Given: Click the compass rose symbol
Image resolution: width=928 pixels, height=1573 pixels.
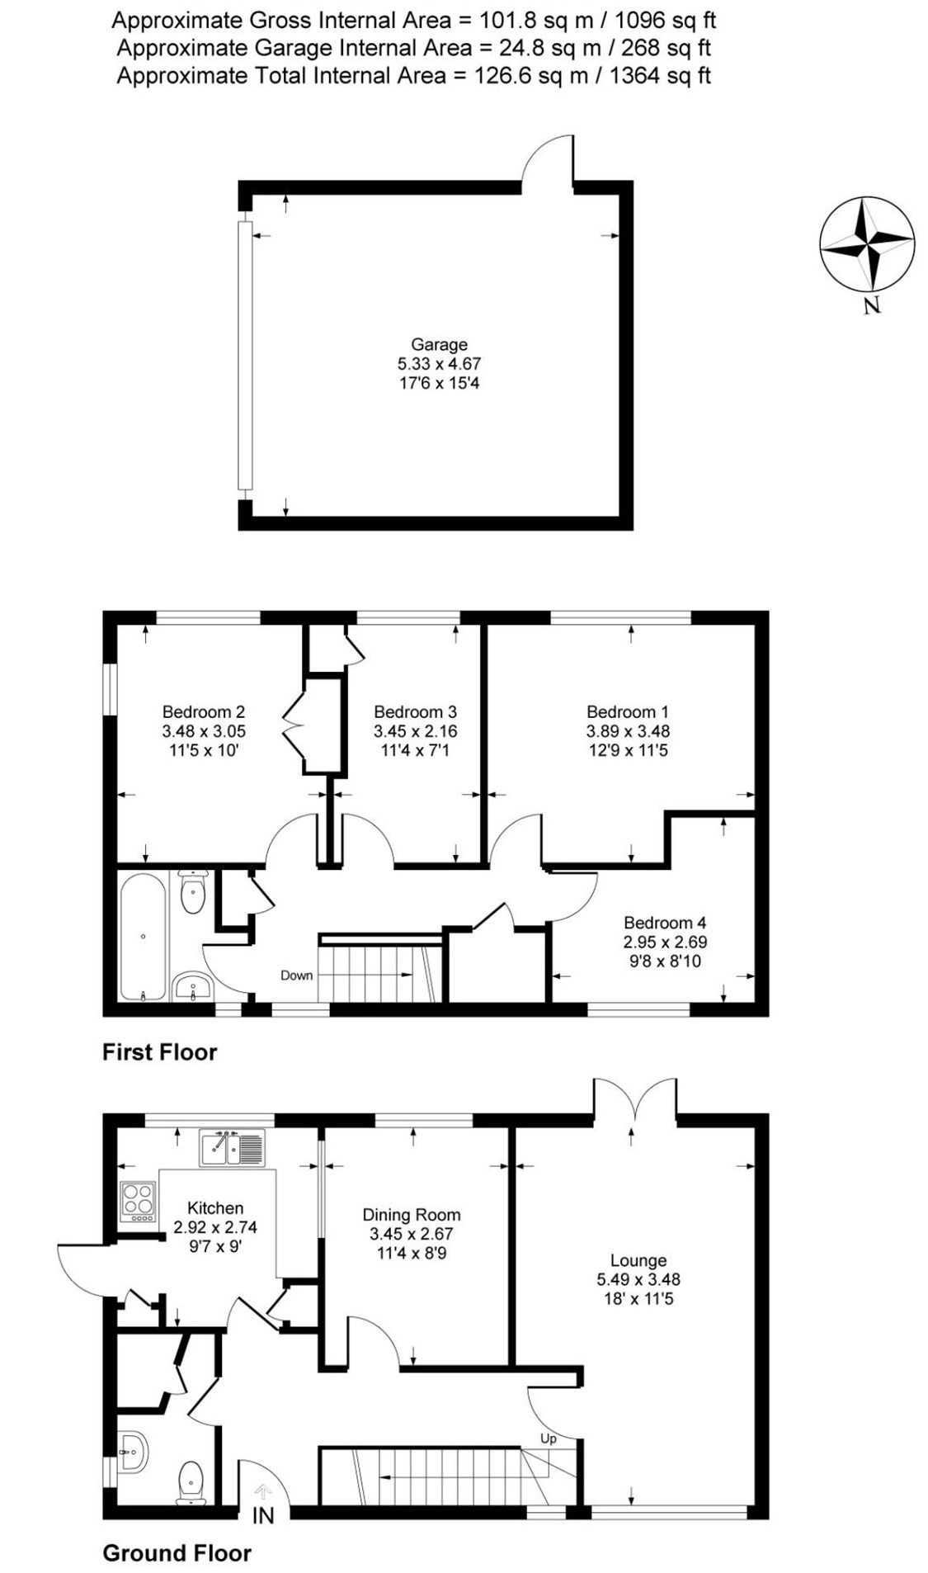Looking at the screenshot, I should (866, 243).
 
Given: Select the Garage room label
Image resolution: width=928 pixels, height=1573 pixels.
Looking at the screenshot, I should (439, 345).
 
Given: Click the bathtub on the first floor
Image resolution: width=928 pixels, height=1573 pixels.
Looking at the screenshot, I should (143, 936).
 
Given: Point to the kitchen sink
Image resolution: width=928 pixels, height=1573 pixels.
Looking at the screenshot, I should (232, 1148).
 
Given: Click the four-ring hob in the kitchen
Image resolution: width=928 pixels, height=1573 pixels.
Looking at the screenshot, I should (137, 1202).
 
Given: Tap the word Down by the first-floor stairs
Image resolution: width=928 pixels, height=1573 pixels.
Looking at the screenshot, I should (296, 975).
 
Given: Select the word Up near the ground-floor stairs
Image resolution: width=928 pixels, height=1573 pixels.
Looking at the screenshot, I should (548, 1438).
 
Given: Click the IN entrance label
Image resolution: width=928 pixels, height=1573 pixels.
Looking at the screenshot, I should (262, 1515).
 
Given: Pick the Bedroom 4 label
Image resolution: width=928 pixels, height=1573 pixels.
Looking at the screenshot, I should (664, 923).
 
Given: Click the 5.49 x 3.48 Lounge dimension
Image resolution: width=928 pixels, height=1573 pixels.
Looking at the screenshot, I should (638, 1279).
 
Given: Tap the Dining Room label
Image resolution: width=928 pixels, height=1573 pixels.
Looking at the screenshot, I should (411, 1214).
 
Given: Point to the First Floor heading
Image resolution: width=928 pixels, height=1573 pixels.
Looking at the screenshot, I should (159, 1052).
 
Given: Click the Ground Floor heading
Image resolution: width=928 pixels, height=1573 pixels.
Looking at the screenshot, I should (177, 1553).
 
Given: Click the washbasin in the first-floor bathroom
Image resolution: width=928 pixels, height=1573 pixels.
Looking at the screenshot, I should (193, 985).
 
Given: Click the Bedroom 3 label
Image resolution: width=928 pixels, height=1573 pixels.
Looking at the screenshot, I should (415, 711).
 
